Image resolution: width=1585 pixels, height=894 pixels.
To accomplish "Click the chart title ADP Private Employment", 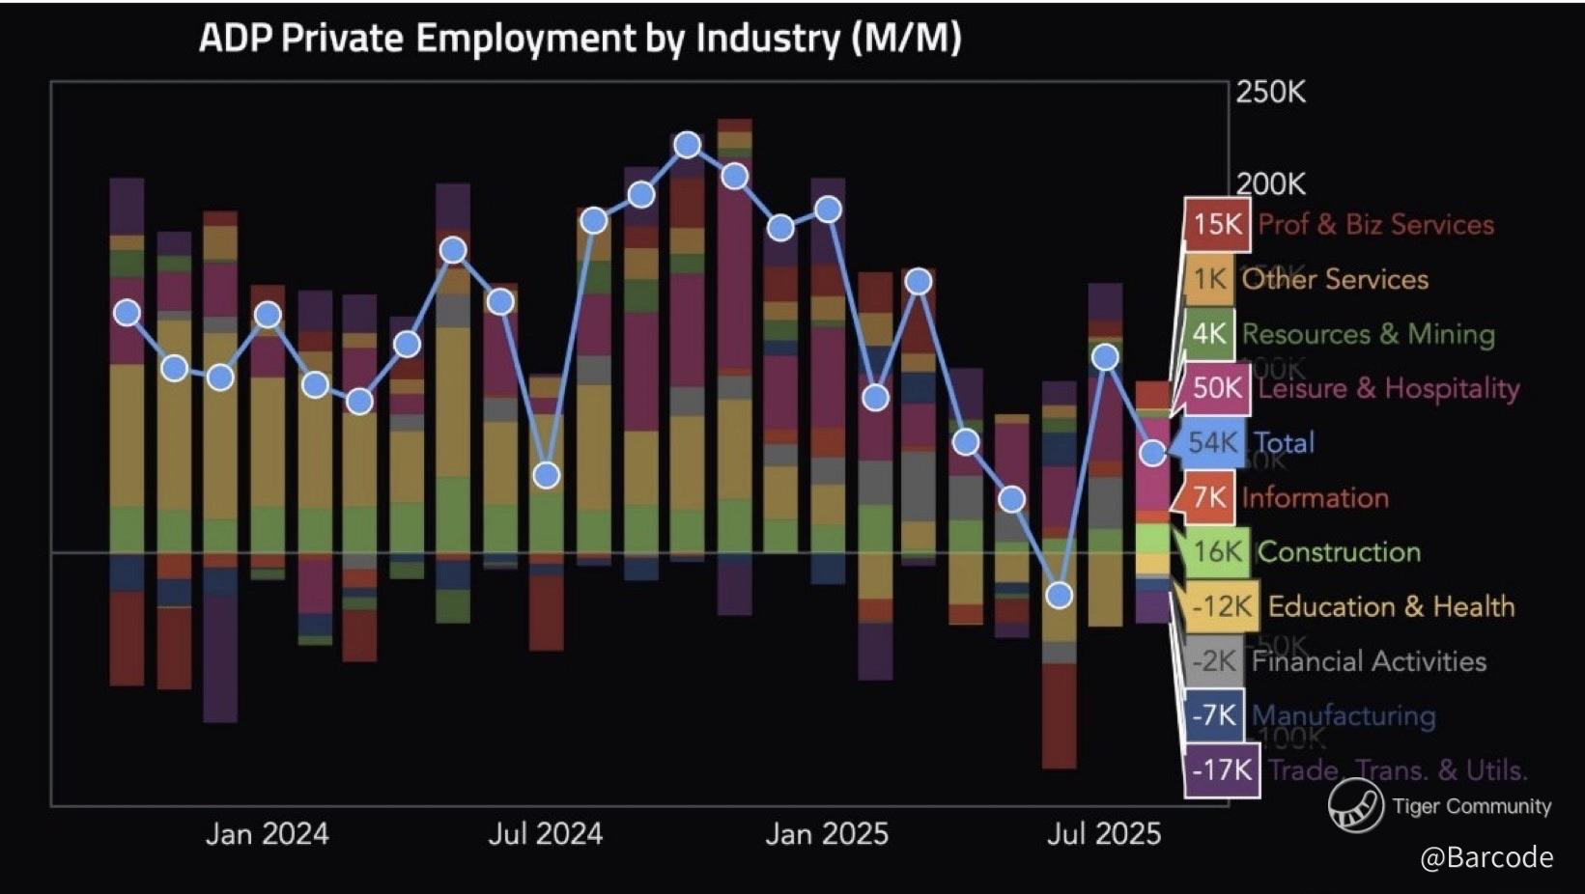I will pos(580,39).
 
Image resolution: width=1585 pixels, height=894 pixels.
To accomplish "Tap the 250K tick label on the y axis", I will pos(1271,93).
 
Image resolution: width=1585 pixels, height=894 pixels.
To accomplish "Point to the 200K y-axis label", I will pos(1271,183).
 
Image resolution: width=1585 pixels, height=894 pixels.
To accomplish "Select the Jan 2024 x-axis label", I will pos(267,834).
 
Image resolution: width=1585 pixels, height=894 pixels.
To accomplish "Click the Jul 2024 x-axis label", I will pos(545,834).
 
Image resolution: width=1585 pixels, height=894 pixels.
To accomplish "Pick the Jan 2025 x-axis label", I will pos(827,834).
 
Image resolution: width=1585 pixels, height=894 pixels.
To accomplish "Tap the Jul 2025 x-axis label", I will pos(1104,834).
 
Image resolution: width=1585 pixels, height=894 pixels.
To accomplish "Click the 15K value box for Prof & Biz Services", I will pos(1217,225).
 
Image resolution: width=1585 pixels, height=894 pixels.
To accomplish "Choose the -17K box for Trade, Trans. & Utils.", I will pos(1222,770).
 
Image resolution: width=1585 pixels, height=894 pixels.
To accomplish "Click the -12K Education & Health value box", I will pos(1222,606).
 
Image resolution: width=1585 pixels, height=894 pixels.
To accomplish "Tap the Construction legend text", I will pos(1339,552).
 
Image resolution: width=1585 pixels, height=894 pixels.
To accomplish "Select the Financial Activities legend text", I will pos(1369,661).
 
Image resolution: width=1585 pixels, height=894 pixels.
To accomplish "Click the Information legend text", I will pos(1315,498).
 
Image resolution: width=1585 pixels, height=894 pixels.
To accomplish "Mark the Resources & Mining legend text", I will pos(1368,334).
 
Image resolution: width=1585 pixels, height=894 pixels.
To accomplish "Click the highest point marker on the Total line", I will pos(688,146).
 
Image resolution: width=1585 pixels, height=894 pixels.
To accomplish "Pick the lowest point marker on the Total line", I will pos(1060,596).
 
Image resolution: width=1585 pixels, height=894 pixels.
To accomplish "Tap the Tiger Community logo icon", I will pos(1355,806).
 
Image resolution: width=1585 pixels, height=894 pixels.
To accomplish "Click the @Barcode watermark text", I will pos(1486,857).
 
